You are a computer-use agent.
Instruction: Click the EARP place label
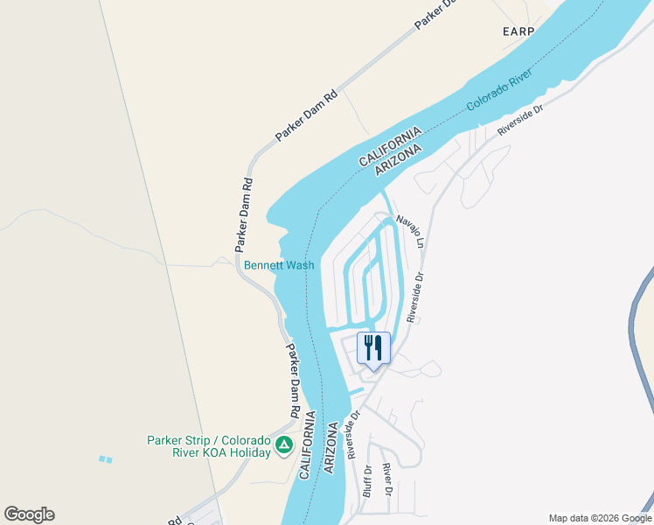[x=518, y=31]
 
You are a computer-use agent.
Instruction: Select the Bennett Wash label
[x=279, y=264]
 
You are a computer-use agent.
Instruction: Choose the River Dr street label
[x=387, y=479]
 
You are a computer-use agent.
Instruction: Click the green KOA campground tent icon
[x=283, y=446]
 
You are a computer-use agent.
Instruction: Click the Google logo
[x=29, y=514]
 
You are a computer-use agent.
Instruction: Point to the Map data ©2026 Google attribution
[x=599, y=518]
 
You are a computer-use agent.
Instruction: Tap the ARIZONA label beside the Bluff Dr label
[x=331, y=449]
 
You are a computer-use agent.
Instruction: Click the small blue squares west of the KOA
[x=106, y=459]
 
